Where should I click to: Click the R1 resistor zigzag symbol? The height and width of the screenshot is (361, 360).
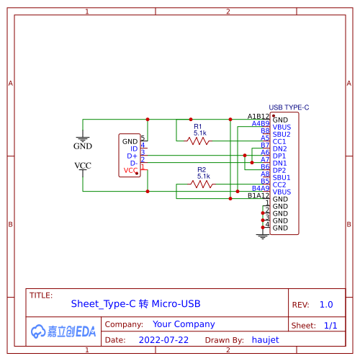(199, 141)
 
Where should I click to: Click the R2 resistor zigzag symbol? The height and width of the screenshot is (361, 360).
(203, 184)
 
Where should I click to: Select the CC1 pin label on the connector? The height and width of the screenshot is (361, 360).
(280, 141)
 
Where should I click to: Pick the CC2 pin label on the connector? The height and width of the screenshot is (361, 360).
(280, 184)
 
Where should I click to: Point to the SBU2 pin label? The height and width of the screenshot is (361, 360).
(282, 134)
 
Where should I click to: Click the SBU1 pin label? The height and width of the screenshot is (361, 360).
(282, 177)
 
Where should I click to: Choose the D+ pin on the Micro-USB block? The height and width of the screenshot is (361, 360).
(132, 156)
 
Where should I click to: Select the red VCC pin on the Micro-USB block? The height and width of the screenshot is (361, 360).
(130, 170)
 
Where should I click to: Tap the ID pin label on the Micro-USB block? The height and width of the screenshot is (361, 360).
(133, 148)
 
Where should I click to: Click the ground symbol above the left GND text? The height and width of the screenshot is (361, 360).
(83, 136)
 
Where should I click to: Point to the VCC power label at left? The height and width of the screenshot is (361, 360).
(83, 166)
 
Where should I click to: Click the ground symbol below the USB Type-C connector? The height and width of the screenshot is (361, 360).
(262, 234)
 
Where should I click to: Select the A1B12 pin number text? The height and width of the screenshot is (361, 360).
(258, 116)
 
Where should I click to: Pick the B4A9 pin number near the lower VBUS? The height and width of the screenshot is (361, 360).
(260, 188)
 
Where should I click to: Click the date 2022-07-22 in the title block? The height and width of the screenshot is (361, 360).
(163, 339)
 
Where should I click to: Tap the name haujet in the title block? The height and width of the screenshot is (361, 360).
(265, 339)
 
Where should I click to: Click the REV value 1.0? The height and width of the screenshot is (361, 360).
(326, 305)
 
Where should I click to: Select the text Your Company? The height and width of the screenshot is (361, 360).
(184, 324)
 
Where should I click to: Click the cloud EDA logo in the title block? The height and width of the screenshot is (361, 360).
(63, 331)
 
